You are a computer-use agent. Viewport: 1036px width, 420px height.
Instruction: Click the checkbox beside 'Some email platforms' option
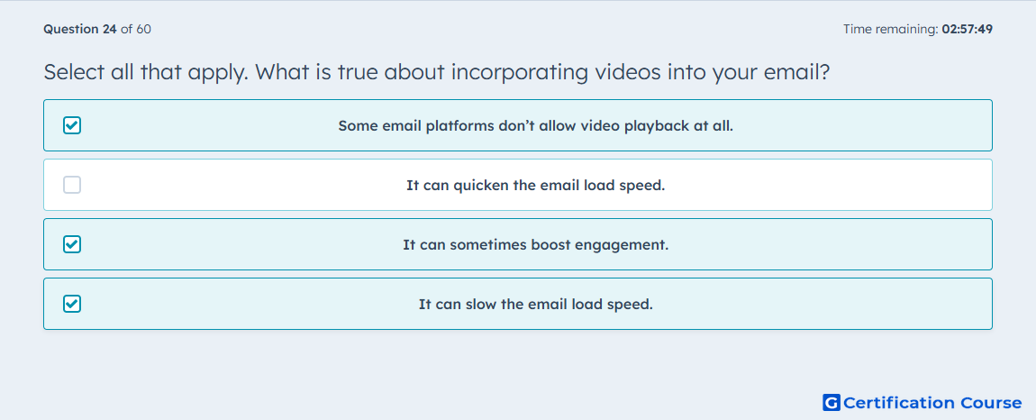tap(72, 125)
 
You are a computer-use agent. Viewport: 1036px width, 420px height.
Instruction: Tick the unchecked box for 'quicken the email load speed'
tap(72, 185)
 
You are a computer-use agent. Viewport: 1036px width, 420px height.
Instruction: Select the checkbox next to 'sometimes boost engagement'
tap(72, 244)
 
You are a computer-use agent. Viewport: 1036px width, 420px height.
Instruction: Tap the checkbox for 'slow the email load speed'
tap(72, 304)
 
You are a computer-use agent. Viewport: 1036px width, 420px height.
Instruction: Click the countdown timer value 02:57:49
tap(968, 29)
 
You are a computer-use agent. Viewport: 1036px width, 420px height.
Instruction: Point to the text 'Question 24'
tap(80, 29)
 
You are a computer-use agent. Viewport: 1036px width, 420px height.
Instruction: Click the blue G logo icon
tap(832, 402)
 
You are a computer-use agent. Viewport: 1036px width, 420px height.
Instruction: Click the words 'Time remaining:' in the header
tap(891, 29)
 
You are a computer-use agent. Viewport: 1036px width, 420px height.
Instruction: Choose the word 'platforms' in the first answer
tap(461, 125)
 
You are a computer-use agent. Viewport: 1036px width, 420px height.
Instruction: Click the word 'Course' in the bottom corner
tap(990, 402)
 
